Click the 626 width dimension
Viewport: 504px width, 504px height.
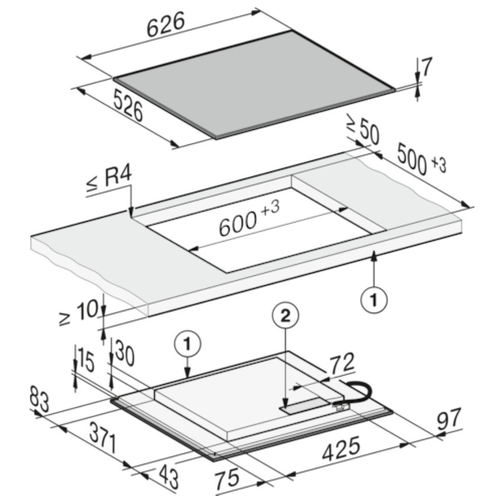click(166, 25)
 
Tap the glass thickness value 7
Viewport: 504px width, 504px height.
click(427, 67)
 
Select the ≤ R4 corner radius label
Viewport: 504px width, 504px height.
click(109, 181)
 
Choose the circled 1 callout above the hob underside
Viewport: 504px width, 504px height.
click(188, 344)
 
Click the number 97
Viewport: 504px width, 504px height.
click(450, 419)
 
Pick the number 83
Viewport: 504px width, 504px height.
click(39, 399)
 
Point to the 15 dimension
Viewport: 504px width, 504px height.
click(86, 362)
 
